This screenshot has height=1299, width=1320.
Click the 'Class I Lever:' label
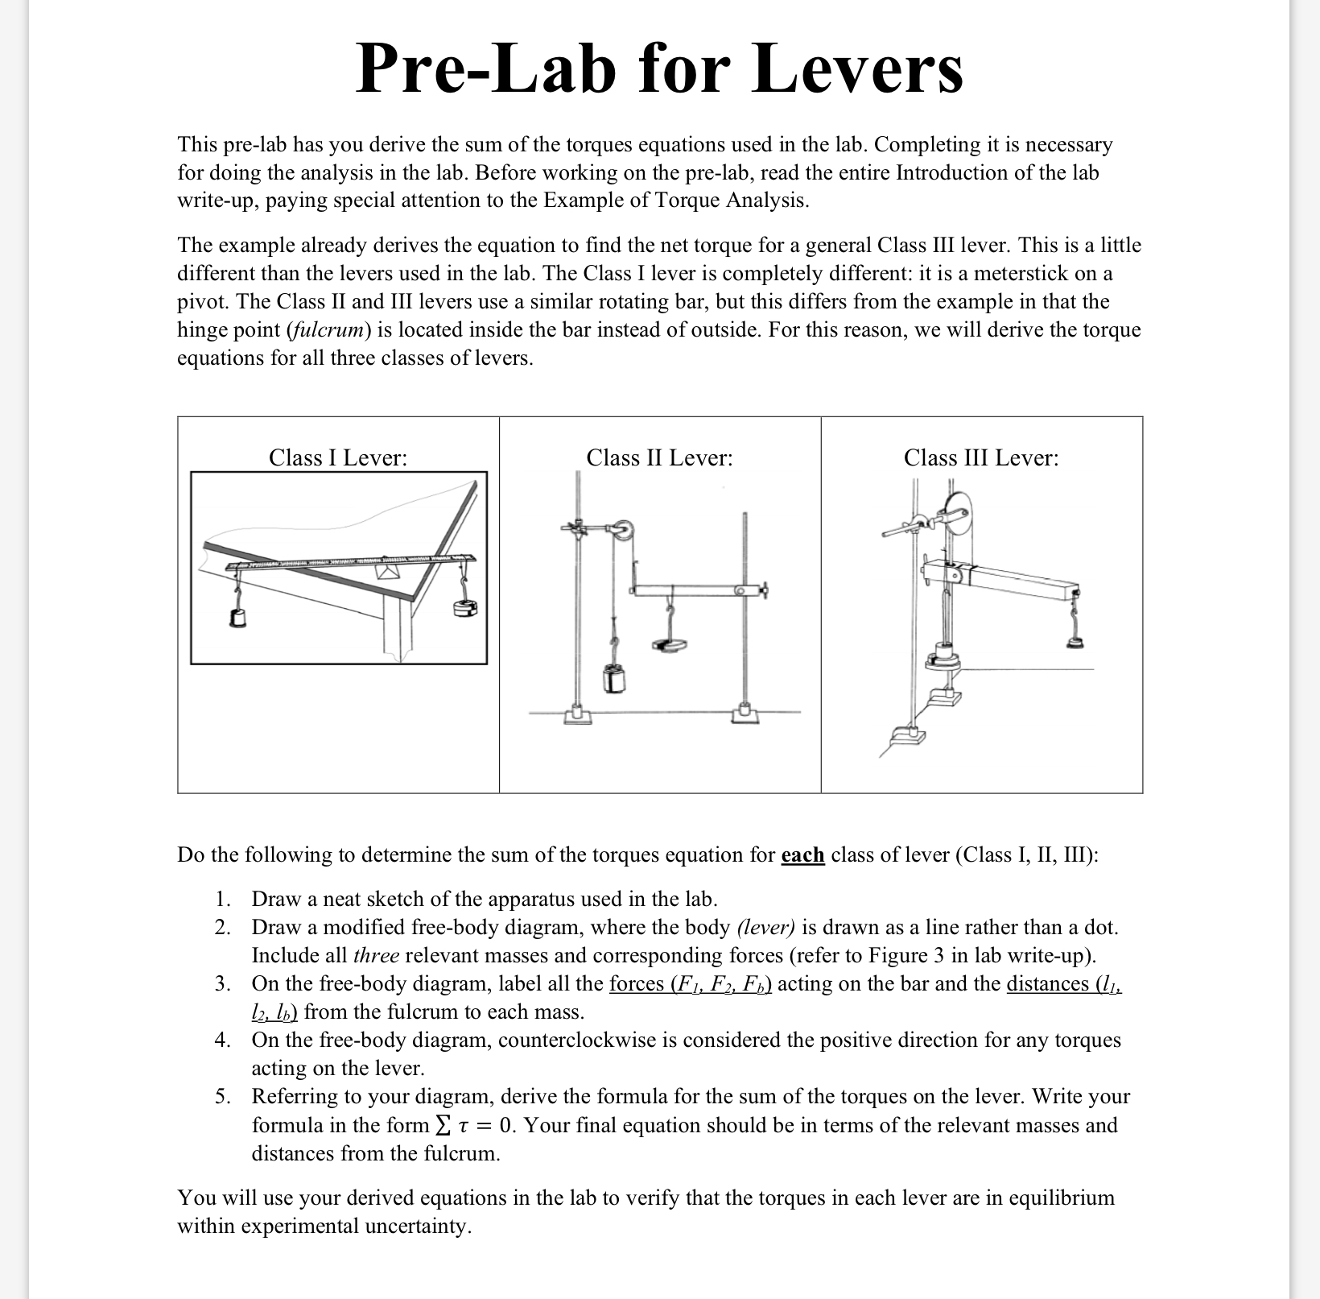337,457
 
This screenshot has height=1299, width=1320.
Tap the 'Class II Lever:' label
659,457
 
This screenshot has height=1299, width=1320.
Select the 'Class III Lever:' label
981,457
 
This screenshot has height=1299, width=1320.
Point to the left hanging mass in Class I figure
237,617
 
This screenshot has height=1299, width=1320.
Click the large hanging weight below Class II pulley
615,678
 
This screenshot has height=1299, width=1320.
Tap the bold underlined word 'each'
802,854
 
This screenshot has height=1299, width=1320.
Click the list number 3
222,983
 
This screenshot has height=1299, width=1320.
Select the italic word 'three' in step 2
376,955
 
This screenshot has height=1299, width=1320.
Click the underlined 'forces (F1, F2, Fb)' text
691,983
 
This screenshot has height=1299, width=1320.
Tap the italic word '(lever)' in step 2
765,927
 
